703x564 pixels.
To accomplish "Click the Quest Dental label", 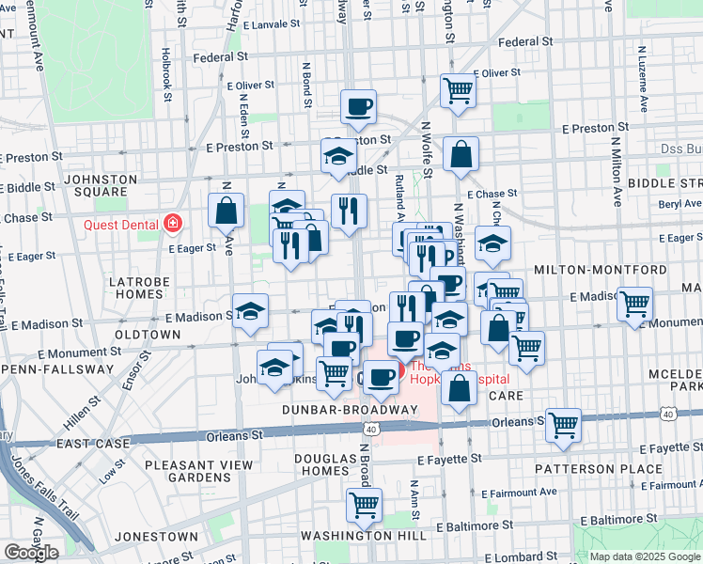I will point(122,224).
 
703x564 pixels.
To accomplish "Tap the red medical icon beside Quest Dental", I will point(173,224).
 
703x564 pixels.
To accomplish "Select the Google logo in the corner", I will point(31,553).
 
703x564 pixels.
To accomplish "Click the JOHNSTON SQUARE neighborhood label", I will point(101,186).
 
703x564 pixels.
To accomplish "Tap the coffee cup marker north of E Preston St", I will point(358,106).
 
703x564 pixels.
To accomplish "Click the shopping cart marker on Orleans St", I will point(564,424).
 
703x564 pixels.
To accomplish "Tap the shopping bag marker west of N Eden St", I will point(227,210).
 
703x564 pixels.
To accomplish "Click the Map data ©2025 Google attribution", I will point(645,556).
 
